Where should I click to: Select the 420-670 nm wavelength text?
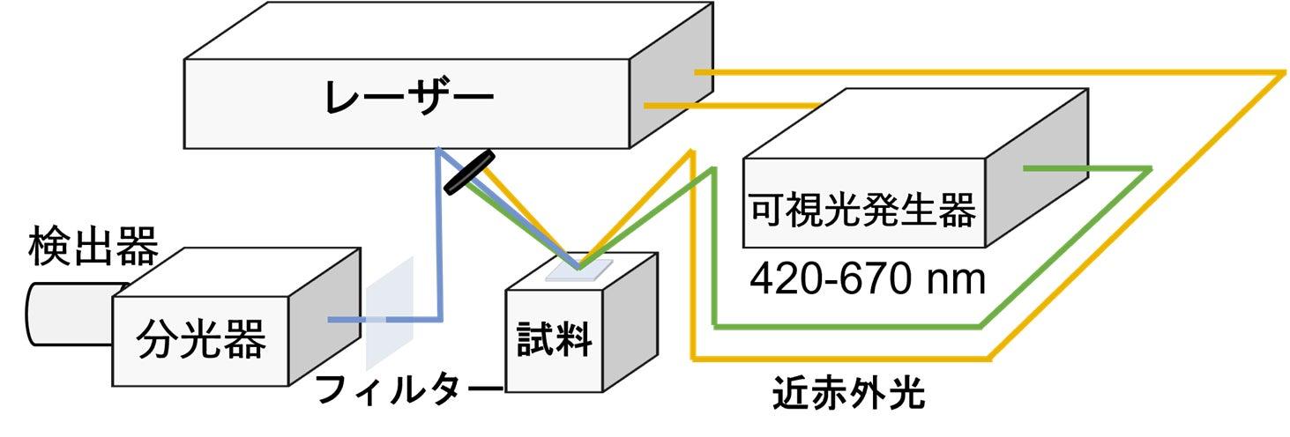(x=868, y=279)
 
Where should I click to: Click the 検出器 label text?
(x=93, y=247)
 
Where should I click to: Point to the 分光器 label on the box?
(x=201, y=338)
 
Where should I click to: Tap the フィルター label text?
(x=409, y=390)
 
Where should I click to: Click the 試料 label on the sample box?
(x=554, y=339)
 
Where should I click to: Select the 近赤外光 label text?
(x=848, y=393)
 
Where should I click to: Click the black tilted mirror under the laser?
(x=469, y=172)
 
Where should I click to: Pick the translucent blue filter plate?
(x=390, y=314)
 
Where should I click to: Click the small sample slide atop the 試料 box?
(x=578, y=270)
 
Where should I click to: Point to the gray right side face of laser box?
(x=672, y=75)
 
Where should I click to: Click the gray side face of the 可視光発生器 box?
(x=1037, y=167)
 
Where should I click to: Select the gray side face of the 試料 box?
(x=630, y=322)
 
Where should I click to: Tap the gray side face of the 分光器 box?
(x=324, y=316)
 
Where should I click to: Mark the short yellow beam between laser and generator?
(x=731, y=106)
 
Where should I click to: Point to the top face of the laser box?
(x=449, y=31)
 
